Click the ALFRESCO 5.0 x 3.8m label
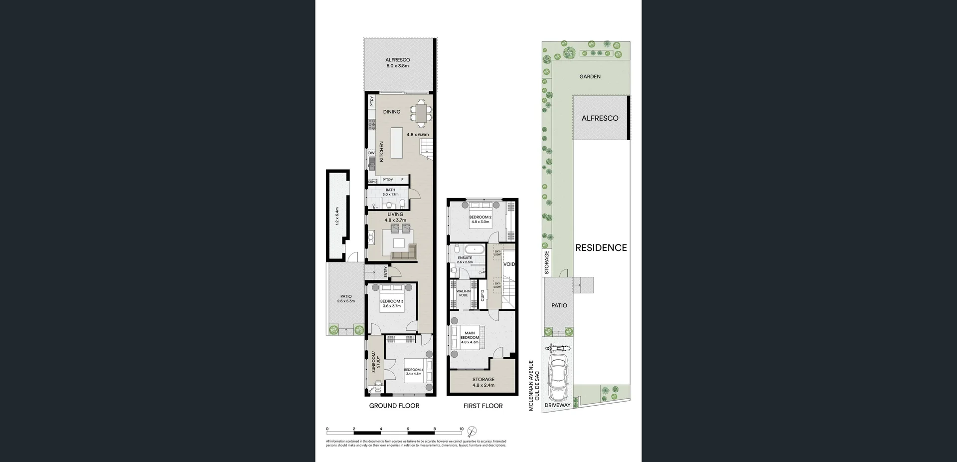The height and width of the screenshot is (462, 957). [x=398, y=63]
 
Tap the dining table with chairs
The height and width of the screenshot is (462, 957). [x=422, y=112]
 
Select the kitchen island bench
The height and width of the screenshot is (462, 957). [x=397, y=143]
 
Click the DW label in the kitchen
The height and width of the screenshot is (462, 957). [x=371, y=153]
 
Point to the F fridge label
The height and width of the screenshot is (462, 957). [x=403, y=180]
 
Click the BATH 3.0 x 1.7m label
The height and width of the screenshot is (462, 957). [x=390, y=192]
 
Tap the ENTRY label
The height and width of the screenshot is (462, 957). [x=386, y=272]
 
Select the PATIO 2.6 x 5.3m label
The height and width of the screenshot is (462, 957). [x=346, y=299]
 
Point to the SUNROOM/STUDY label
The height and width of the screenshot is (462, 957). [x=375, y=363]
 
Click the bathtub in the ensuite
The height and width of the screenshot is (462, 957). [x=476, y=249]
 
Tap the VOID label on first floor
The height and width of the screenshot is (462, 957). [x=509, y=264]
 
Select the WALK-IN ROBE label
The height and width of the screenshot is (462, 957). [x=463, y=293]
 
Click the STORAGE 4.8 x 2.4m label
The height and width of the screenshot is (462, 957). [x=483, y=382]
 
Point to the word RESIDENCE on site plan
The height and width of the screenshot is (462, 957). [x=601, y=248]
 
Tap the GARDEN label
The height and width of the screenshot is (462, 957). [x=590, y=77]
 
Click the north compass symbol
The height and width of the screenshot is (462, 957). [x=472, y=432]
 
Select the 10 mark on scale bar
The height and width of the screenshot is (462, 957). [x=462, y=429]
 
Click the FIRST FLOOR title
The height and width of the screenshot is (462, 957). [x=482, y=406]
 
